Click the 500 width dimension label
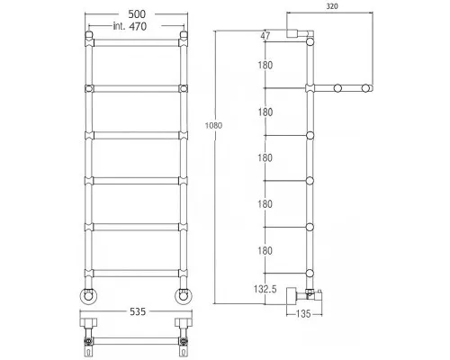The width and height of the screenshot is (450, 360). coord(137,14)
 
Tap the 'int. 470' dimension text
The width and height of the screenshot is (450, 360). coord(130,26)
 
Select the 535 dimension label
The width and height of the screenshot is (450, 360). coord(138,311)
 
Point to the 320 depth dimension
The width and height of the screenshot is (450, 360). coord(332,6)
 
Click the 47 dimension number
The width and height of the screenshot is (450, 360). coord(265,36)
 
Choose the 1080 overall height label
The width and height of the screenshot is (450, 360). coord(213,125)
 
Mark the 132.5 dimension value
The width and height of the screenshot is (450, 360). coord(265,289)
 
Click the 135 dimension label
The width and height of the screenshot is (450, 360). coord(303,314)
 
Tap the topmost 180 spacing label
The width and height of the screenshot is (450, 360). coord(265,65)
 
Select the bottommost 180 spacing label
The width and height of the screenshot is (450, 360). coord(265,250)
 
